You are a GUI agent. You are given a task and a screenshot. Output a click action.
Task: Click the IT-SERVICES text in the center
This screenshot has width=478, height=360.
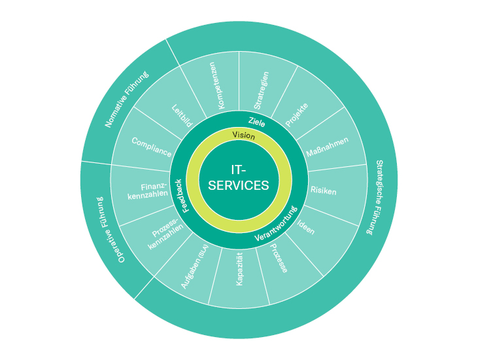coord(239,177)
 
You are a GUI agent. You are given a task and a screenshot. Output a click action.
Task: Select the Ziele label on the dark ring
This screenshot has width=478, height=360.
coord(257,120)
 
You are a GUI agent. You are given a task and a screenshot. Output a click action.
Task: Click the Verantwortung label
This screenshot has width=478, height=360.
coord(277,225)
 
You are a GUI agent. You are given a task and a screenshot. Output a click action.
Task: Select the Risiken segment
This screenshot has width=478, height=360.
coord(325,190)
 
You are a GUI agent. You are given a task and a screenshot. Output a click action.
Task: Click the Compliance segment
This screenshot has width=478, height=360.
coord(151,147)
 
